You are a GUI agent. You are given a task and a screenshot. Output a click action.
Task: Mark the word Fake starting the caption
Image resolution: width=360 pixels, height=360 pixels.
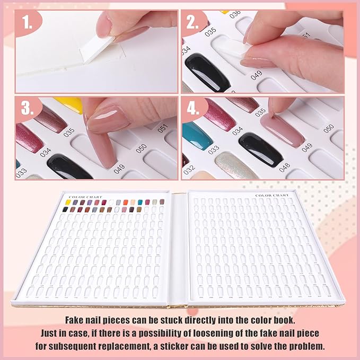coord(75,321)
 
